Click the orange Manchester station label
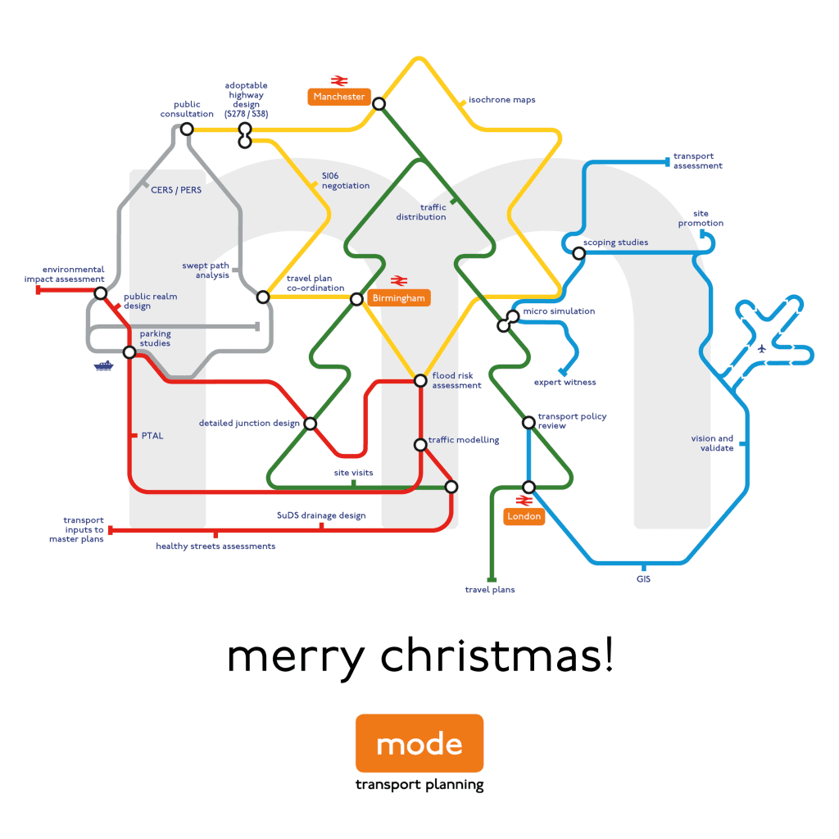tap(339, 97)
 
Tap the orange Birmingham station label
tap(399, 298)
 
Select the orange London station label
tap(524, 516)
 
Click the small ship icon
tap(103, 366)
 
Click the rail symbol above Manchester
tap(339, 80)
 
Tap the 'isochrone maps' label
tap(501, 100)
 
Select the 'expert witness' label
tap(565, 383)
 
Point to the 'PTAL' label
tap(152, 436)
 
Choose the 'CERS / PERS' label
tap(175, 190)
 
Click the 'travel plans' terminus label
tap(490, 590)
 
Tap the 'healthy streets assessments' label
tap(215, 546)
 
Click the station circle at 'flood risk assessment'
tap(420, 380)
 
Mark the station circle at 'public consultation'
tap(187, 129)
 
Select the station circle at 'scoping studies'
tap(578, 253)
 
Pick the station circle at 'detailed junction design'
tap(311, 424)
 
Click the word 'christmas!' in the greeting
tap(497, 656)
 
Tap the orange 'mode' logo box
tap(419, 743)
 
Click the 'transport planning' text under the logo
tap(419, 785)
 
